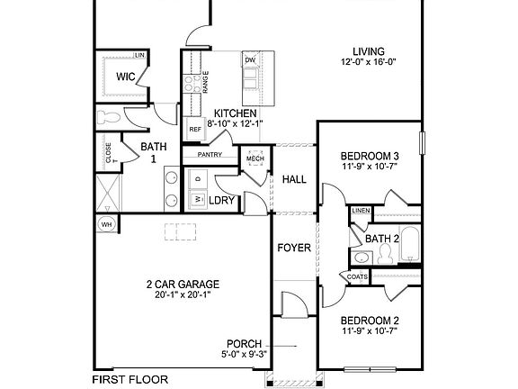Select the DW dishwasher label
[251, 60]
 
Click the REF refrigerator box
[195, 130]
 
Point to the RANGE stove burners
[192, 84]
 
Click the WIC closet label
[126, 77]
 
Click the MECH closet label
[255, 159]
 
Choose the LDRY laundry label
[222, 200]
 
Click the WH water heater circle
[106, 223]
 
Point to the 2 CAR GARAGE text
[183, 284]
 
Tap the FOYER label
[293, 246]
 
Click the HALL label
[294, 179]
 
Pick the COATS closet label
[355, 276]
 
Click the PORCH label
[245, 344]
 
